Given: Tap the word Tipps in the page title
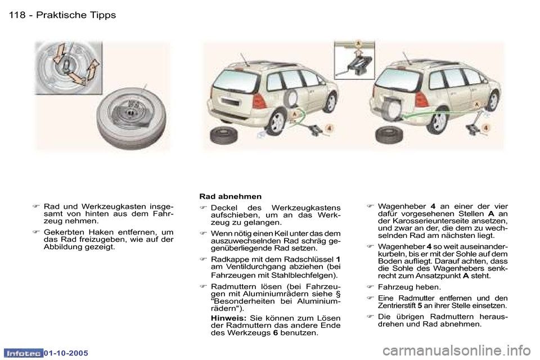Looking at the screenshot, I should point(102,15).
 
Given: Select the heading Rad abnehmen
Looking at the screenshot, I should point(231,196).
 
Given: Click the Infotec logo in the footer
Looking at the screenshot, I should point(24,352).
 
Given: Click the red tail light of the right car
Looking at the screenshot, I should point(421,99).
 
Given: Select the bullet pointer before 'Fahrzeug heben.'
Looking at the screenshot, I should point(370,287).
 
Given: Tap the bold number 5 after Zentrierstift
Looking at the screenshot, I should point(420,306).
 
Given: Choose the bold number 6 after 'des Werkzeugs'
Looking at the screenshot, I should point(275,333).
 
